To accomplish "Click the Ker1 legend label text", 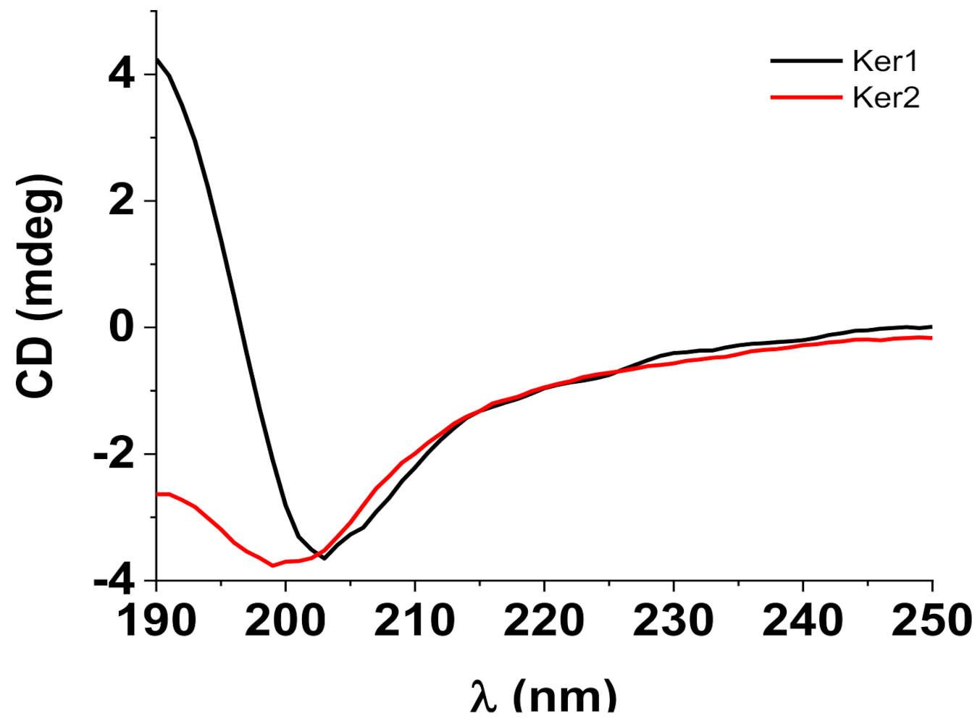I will pyautogui.click(x=885, y=62).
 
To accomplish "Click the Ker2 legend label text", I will pyautogui.click(x=885, y=96).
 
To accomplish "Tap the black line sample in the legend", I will pyautogui.click(x=806, y=62).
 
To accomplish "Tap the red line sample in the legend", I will pyautogui.click(x=806, y=96).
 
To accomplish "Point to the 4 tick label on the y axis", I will pyautogui.click(x=122, y=75).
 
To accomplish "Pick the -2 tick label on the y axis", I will pyautogui.click(x=113, y=455).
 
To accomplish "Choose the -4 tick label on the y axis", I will pyautogui.click(x=113, y=581).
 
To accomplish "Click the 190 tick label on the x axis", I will pyautogui.click(x=156, y=620).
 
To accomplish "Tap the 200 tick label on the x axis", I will pyautogui.click(x=285, y=620).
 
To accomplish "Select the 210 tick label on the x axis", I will pyautogui.click(x=415, y=620).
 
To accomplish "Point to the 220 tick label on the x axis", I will pyautogui.click(x=544, y=620).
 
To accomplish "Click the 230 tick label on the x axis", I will pyautogui.click(x=674, y=620).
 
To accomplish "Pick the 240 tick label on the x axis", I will pyautogui.click(x=803, y=620).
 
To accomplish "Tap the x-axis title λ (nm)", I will pyautogui.click(x=543, y=697).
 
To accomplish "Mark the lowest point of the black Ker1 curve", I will pyautogui.click(x=324, y=558).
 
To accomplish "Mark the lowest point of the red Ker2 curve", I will pyautogui.click(x=273, y=565).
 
